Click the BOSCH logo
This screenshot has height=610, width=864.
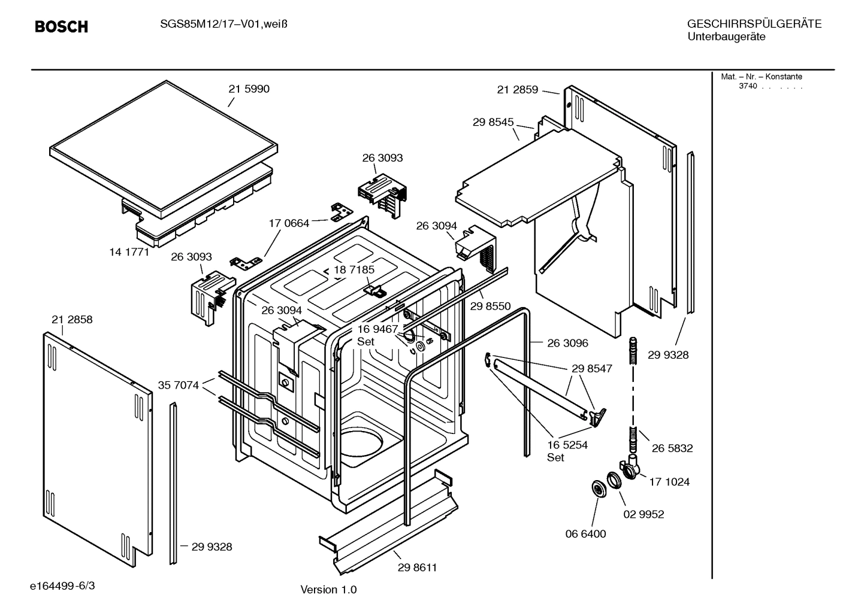[x=61, y=26]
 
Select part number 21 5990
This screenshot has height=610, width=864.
[x=249, y=89]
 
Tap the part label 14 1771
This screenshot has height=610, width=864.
[x=129, y=252]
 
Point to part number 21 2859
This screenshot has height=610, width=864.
[x=518, y=90]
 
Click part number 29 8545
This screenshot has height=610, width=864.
[x=493, y=122]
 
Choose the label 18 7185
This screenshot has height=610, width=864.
[x=354, y=270]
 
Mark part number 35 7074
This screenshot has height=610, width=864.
[x=178, y=385]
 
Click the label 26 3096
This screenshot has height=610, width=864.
[x=567, y=343]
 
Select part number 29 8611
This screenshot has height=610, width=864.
[x=417, y=567]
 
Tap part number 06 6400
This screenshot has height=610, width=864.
[x=585, y=534]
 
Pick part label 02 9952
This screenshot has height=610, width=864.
[x=644, y=514]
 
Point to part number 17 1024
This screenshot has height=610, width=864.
[x=669, y=482]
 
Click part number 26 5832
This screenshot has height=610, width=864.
[x=672, y=448]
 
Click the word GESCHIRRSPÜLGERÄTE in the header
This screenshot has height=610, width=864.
[x=754, y=25]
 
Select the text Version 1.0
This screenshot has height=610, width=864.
[x=328, y=590]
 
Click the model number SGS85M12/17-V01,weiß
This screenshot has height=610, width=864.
[x=219, y=25]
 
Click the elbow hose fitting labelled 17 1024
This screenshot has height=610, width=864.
[x=630, y=469]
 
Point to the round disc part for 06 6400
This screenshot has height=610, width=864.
[x=598, y=489]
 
